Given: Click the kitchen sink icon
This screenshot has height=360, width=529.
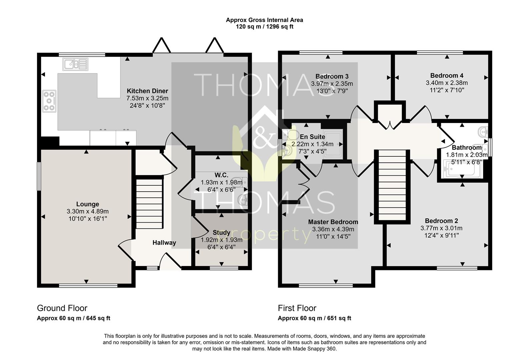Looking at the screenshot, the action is (75, 64).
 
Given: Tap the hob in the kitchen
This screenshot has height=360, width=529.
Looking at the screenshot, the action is (49, 101).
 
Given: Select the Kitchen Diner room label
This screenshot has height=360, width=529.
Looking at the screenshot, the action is (147, 91).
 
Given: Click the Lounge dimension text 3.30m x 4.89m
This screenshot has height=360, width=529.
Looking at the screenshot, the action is (88, 211).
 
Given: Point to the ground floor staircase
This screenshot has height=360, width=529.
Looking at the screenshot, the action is (149, 203).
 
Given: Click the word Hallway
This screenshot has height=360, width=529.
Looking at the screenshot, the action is (164, 243).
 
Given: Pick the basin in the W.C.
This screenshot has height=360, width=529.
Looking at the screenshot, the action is (243, 200).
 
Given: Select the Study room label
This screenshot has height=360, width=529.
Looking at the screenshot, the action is (221, 233).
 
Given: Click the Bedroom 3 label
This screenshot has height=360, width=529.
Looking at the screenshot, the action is (332, 76).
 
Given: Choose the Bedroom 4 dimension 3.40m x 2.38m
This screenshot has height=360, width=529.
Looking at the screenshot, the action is (447, 83).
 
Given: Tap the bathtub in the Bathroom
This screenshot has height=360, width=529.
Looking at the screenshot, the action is (462, 169).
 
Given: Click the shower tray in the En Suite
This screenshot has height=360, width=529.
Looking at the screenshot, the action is (333, 144).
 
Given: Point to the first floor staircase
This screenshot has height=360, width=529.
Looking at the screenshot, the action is (392, 185).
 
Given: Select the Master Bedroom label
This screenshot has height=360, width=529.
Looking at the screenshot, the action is (333, 222).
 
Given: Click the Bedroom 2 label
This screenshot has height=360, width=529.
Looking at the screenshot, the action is (441, 221).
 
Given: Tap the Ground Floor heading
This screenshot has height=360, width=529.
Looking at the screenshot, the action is (62, 308).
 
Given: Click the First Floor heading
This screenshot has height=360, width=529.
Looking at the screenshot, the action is (297, 308).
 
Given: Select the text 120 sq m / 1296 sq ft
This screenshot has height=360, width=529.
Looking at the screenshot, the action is (264, 27).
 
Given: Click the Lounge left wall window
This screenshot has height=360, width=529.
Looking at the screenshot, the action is (39, 176).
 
